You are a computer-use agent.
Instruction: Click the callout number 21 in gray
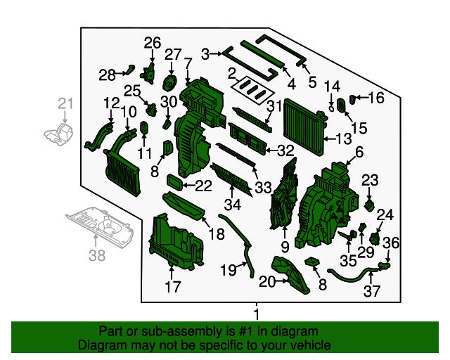[x=65, y=105]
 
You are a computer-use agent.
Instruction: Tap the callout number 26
[x=153, y=43]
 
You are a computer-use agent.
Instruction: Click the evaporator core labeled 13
[x=305, y=121]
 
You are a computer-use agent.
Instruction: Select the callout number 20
[x=266, y=282]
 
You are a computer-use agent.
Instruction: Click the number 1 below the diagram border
[x=257, y=314]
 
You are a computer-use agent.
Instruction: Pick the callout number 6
[x=359, y=152]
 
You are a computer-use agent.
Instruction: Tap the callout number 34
[x=232, y=205]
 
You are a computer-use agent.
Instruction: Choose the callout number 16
[x=376, y=98]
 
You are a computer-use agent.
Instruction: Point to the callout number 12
[x=111, y=104]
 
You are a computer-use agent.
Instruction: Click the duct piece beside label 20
[x=290, y=274]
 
